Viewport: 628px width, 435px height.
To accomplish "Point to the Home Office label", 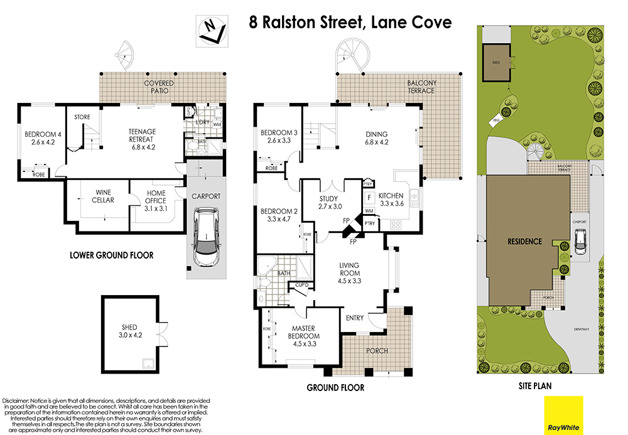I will coord(156,197).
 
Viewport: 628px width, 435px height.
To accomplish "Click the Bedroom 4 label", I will coord(40,138).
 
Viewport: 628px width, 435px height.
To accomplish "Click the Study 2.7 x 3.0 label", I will coord(330,203).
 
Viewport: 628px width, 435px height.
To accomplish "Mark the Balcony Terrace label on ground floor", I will coord(421,87).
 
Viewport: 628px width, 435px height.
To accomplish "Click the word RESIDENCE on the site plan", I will coord(524,241).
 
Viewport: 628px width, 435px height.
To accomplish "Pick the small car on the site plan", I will coord(580,242).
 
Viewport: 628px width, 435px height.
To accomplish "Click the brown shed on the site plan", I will coord(496,63).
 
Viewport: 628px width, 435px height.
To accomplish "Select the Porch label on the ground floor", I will coord(377,350).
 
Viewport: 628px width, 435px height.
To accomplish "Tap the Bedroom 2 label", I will coord(276,215).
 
